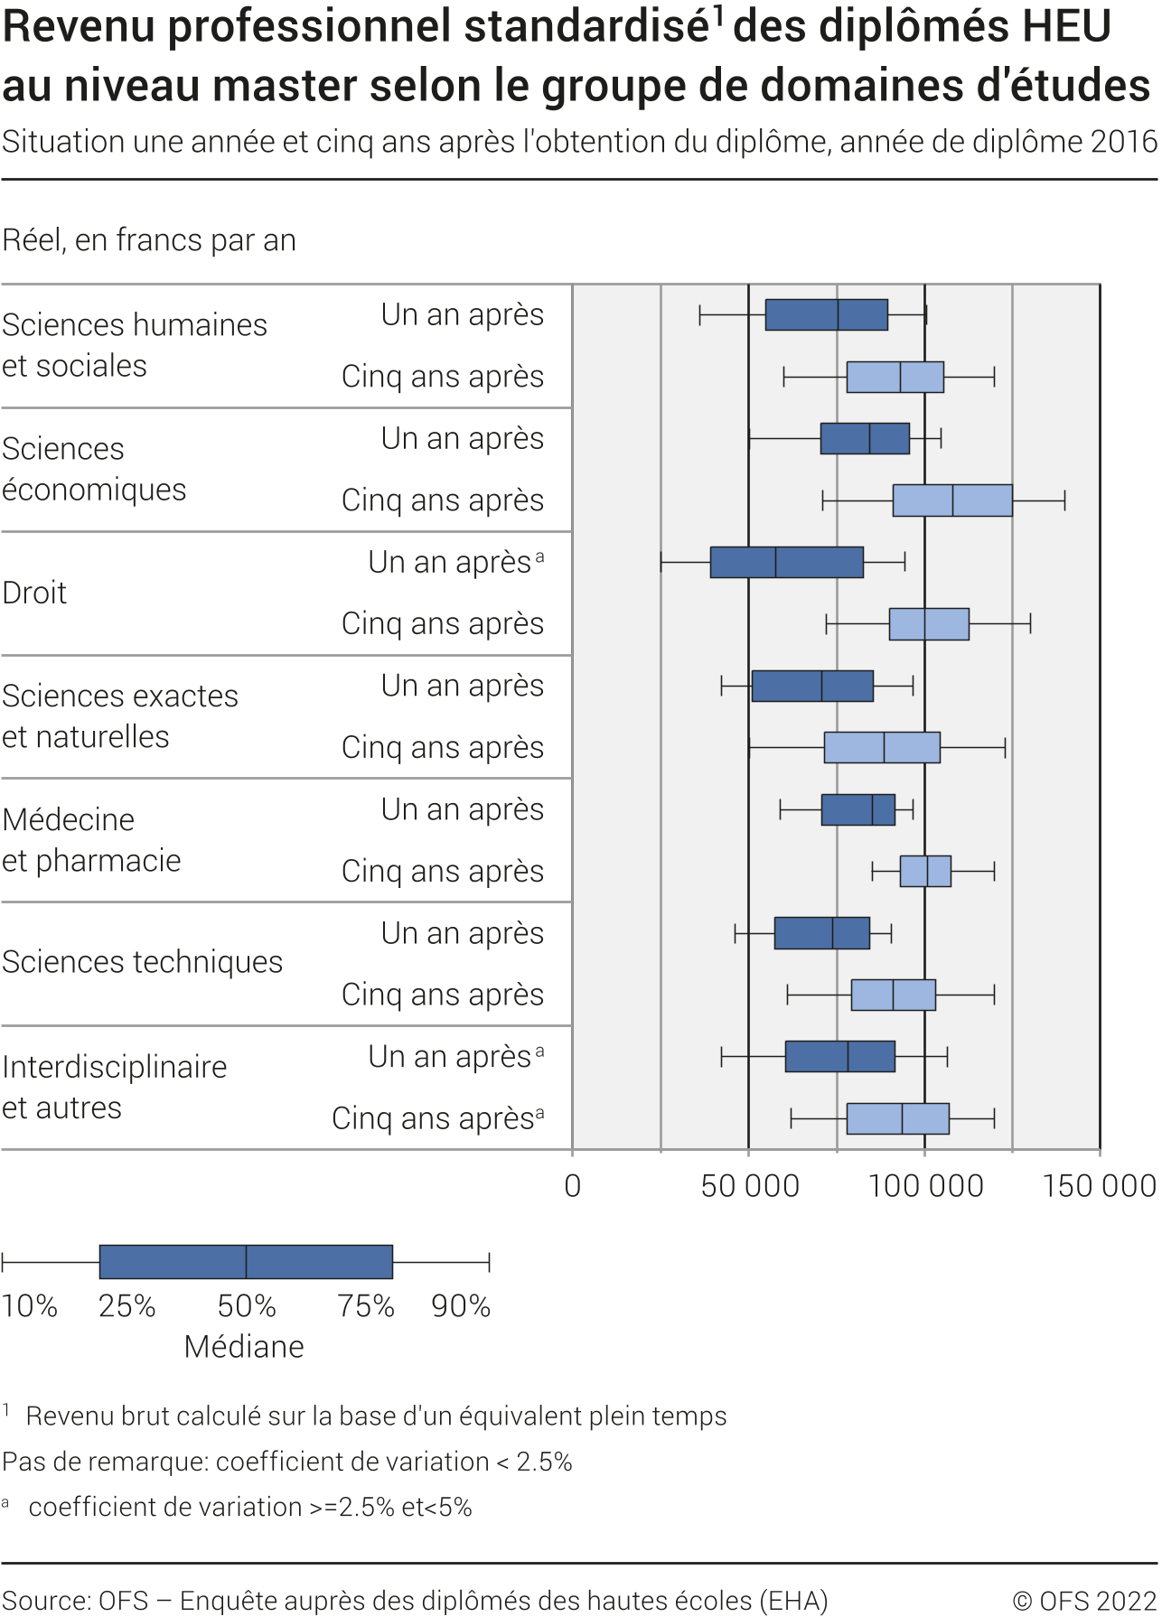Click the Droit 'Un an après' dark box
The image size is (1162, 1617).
[786, 562]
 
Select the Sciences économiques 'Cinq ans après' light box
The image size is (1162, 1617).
[952, 500]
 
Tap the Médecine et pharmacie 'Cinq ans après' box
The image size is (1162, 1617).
[925, 871]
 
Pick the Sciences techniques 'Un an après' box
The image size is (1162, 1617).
[821, 933]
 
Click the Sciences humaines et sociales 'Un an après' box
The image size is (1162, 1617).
[826, 314]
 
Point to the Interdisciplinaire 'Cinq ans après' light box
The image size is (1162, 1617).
[897, 1118]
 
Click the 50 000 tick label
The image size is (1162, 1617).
[750, 1186]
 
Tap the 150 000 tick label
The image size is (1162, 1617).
[1100, 1186]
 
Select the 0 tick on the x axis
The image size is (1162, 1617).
[572, 1186]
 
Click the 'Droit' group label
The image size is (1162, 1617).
[35, 593]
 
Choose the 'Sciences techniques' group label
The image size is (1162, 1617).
[142, 962]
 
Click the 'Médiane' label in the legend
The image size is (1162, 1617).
[244, 1347]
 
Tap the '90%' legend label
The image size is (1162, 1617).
[461, 1306]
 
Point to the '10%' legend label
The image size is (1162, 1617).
[30, 1306]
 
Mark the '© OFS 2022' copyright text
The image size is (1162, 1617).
[1084, 1601]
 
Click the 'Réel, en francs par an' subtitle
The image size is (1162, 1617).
[149, 240]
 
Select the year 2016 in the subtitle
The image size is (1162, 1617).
[1123, 142]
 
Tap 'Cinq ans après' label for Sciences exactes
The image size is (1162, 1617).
[442, 747]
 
